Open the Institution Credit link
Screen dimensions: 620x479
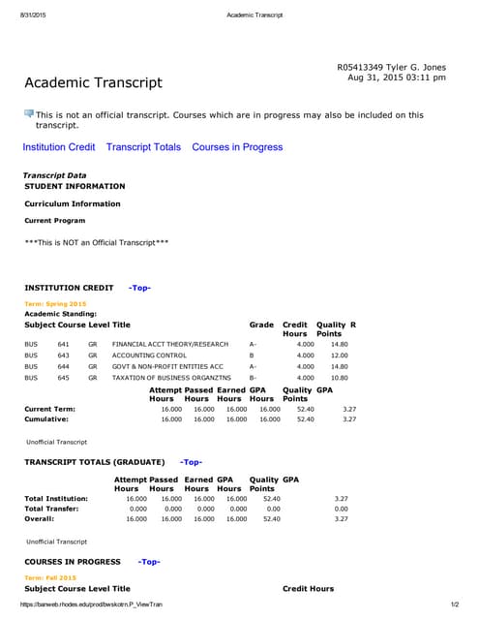(x=59, y=147)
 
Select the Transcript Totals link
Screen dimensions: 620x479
(x=143, y=147)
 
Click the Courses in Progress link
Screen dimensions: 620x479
(x=237, y=147)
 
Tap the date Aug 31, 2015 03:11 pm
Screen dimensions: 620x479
(x=396, y=77)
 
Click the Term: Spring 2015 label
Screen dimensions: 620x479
(x=55, y=304)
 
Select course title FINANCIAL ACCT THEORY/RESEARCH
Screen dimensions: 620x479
(x=170, y=344)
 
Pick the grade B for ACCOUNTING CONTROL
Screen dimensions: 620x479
(x=252, y=356)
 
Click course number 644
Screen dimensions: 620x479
(x=63, y=367)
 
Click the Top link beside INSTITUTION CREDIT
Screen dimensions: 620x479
(x=139, y=288)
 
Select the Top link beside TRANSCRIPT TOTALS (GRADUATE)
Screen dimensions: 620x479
(x=191, y=462)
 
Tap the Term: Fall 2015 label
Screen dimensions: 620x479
(x=51, y=577)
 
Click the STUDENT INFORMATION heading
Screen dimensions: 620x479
(x=75, y=186)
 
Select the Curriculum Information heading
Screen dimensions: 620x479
(x=73, y=204)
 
